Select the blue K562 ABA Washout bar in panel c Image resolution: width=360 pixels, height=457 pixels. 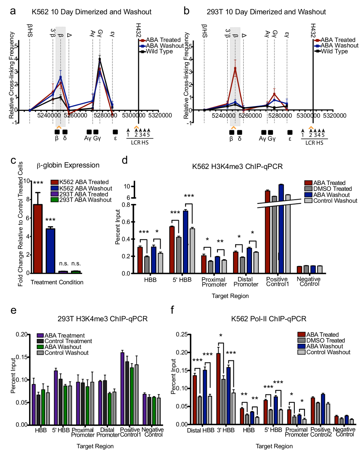(50, 251)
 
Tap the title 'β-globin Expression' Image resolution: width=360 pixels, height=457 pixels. (68, 165)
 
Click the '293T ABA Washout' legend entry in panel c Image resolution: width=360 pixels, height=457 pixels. (85, 200)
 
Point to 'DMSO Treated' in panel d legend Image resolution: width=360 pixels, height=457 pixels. (332, 189)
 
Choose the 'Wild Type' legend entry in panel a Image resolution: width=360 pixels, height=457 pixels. (159, 51)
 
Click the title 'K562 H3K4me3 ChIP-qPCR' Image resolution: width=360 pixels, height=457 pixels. (237, 167)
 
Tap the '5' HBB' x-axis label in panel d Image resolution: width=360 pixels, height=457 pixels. (182, 280)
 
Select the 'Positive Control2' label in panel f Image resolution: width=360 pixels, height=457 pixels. (321, 432)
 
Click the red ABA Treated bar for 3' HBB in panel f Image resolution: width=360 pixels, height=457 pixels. (218, 389)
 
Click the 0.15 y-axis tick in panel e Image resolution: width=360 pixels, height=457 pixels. (22, 357)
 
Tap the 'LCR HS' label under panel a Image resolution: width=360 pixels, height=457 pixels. (140, 143)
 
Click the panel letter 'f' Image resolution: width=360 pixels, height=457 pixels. (172, 310)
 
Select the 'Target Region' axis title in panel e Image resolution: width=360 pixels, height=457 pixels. (95, 446)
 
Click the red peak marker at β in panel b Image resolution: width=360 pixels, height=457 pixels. (235, 69)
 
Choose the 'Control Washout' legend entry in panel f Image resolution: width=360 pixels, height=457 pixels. (328, 352)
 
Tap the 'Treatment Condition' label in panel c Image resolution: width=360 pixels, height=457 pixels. (57, 282)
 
